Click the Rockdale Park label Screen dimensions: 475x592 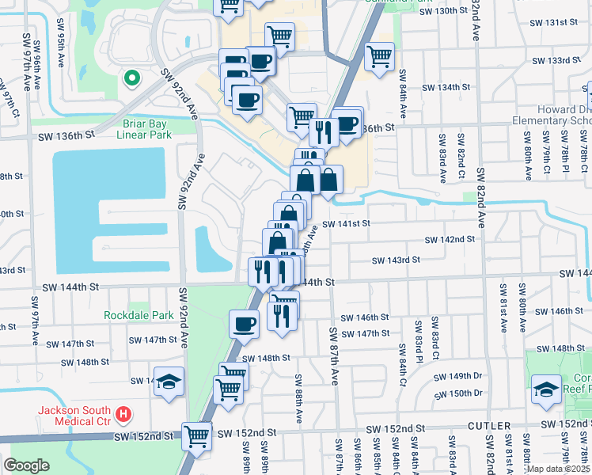click(139, 315)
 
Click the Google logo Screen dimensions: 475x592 click(26, 465)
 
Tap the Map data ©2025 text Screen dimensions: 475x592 click(558, 469)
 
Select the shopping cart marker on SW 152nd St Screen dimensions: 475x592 click(196, 435)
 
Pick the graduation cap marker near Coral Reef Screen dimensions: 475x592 click(546, 389)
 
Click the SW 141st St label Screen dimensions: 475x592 click(346, 224)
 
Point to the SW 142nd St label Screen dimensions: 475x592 click(450, 239)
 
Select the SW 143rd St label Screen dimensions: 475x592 click(397, 260)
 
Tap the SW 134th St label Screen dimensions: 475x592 click(447, 87)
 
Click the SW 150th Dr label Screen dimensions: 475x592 click(453, 393)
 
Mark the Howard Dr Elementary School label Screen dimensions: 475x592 click(552, 115)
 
